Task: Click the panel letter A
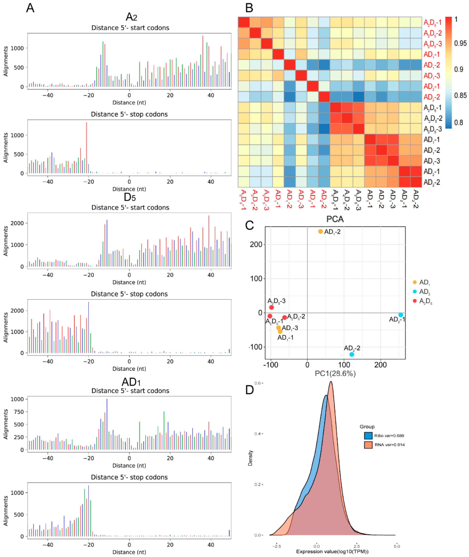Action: (30, 8)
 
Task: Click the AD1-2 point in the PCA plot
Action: (320, 231)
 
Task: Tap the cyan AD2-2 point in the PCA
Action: (352, 354)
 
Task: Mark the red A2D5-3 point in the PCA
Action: (272, 307)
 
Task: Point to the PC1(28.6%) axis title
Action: (335, 374)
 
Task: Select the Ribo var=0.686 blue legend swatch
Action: (368, 435)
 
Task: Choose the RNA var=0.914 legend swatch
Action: (368, 445)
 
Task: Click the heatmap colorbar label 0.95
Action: (460, 43)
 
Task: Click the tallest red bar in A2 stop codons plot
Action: (86, 147)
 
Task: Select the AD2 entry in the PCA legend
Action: (424, 292)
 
